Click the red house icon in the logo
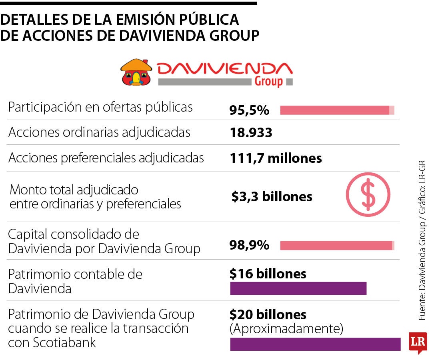[136, 72]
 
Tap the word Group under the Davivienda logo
[268, 82]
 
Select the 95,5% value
[249, 110]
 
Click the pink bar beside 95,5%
[336, 110]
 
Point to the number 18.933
[251, 133]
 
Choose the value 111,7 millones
[276, 158]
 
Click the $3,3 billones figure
[272, 196]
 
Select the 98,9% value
[249, 245]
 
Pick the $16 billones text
[268, 274]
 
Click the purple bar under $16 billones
[298, 288]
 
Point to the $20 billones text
[268, 314]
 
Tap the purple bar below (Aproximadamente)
[315, 344]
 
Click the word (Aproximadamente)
[286, 329]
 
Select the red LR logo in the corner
[418, 342]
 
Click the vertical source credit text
[422, 240]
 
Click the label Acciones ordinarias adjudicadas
[99, 133]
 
